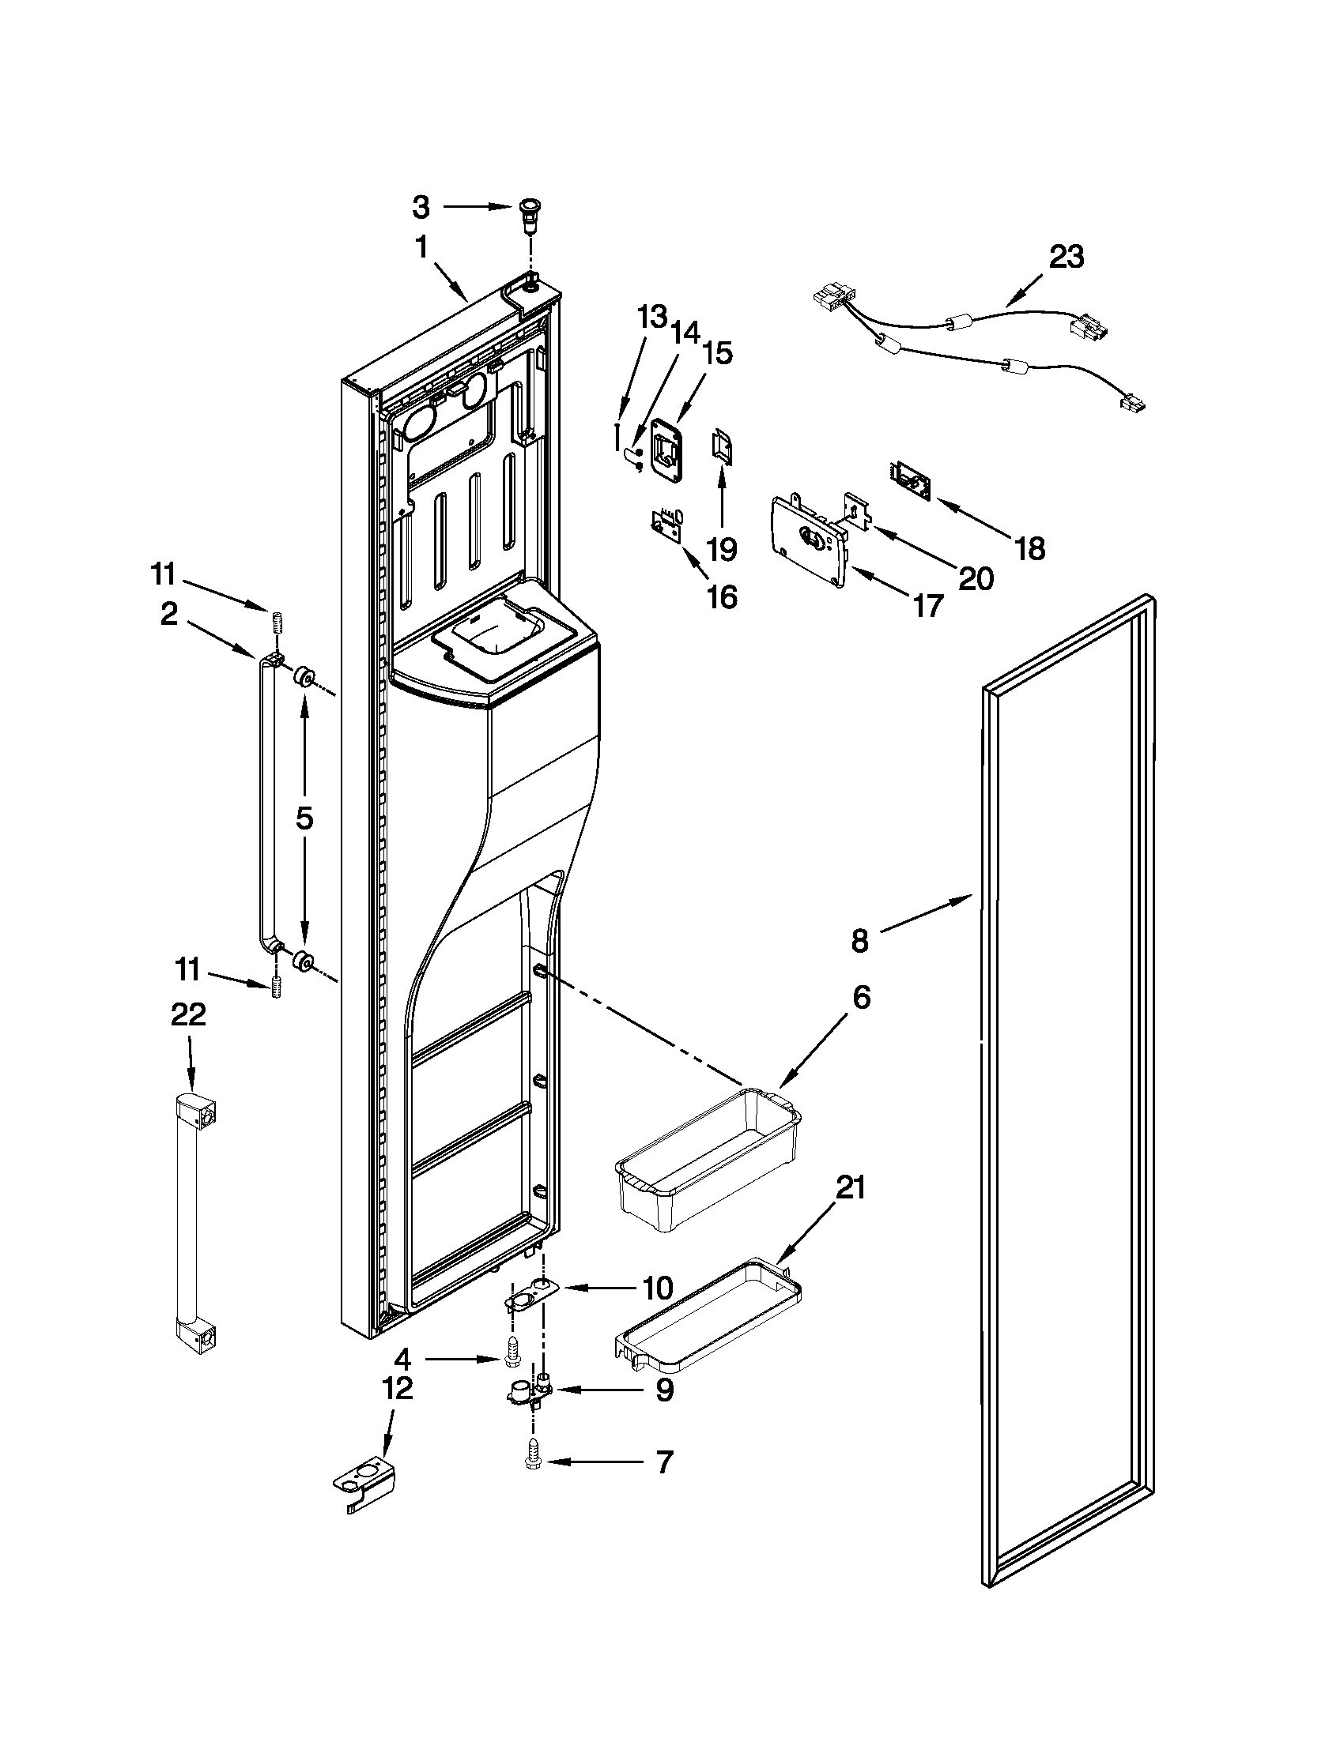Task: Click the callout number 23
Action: point(1067,257)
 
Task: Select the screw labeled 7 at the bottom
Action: point(532,1461)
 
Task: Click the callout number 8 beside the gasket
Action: point(859,941)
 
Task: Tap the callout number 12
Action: point(398,1388)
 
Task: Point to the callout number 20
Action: point(976,577)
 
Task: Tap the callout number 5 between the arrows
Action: point(305,818)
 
